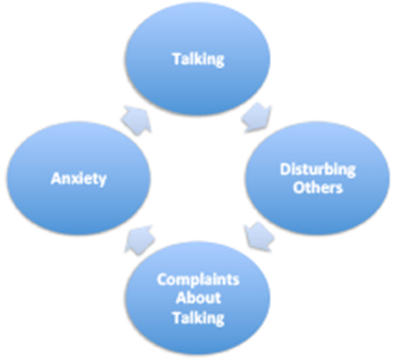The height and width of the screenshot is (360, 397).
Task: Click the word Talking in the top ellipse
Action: [198, 59]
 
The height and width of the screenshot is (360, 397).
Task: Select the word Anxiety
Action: [78, 178]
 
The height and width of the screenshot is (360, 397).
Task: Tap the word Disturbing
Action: [317, 168]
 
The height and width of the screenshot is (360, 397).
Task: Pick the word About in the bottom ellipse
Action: [196, 299]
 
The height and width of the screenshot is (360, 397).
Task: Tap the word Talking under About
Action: [196, 318]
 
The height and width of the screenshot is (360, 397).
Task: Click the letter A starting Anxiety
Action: [53, 178]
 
